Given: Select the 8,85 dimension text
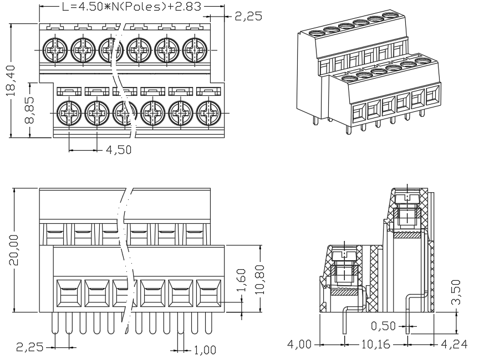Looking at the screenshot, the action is tap(29, 110).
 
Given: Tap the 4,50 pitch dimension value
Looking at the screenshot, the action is tap(119, 150).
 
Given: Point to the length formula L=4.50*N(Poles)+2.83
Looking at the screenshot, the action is tap(131, 7).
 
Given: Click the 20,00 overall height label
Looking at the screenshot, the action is tap(14, 250).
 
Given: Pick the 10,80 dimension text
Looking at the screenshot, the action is tap(260, 280).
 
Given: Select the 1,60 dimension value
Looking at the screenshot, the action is tap(242, 280).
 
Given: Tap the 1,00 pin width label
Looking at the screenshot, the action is tap(205, 350).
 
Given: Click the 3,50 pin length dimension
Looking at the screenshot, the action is tap(456, 292).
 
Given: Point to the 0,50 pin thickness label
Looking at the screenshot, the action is tap(384, 326).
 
